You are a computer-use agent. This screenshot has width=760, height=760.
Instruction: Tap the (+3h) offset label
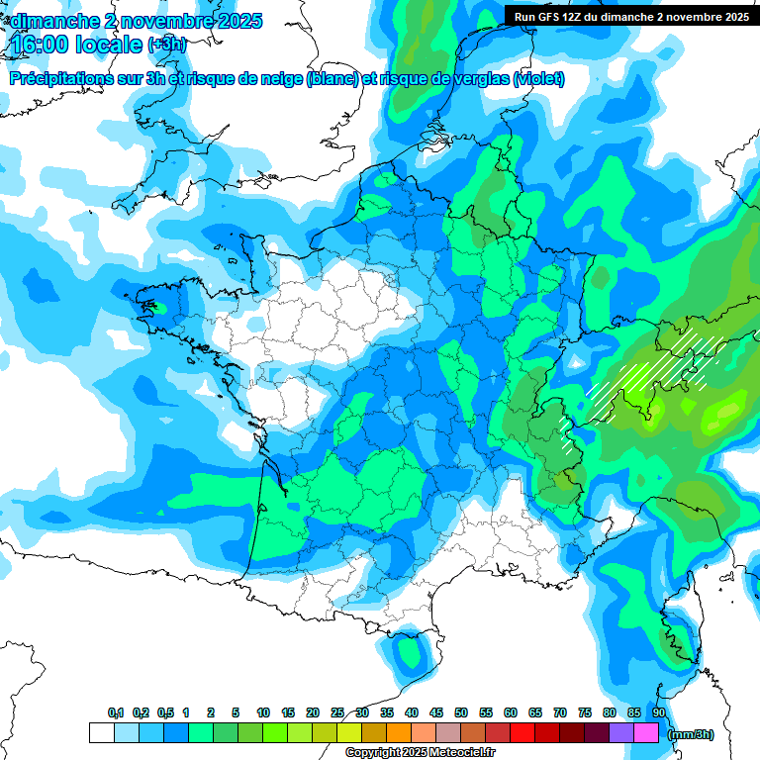pos(167,45)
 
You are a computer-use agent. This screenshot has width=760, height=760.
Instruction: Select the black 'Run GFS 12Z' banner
pos(631,16)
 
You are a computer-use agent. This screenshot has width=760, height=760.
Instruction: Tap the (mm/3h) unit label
pos(691,734)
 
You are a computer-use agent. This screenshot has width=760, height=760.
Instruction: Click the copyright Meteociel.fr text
pos(420,753)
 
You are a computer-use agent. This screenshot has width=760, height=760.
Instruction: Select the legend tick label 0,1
pos(115,713)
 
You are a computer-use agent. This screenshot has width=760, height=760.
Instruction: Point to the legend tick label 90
pos(658,713)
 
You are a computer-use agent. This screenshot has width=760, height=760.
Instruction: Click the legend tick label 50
pos(461,713)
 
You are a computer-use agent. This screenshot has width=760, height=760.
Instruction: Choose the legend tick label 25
pos(337,713)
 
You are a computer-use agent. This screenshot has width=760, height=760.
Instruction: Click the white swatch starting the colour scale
pos(101,733)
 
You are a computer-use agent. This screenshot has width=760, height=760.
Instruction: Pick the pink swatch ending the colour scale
pos(646,733)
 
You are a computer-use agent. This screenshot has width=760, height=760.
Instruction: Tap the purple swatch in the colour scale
pos(621,733)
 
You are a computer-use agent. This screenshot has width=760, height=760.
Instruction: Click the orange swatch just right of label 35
pos(399,733)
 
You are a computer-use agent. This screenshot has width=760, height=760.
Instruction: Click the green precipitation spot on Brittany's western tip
pos(154,307)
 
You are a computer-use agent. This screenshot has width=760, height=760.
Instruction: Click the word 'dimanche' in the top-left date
pos(52,20)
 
